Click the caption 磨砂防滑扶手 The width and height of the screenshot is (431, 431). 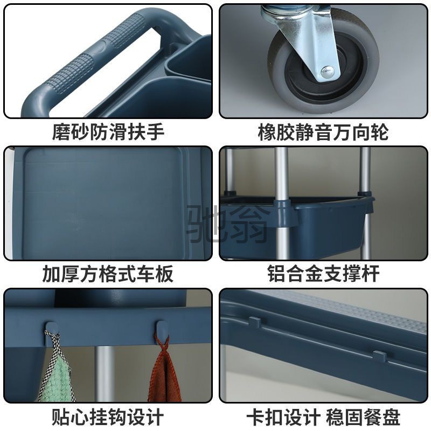(x=108, y=132)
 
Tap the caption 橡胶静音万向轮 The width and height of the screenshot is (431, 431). (x=323, y=132)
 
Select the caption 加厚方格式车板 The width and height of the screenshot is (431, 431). (x=108, y=274)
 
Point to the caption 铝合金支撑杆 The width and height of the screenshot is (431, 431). (x=323, y=274)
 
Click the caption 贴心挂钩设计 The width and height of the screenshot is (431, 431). (x=108, y=416)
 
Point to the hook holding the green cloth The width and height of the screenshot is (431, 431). (x=52, y=329)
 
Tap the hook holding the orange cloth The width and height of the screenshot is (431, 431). (x=161, y=329)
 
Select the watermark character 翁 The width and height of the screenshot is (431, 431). (x=248, y=221)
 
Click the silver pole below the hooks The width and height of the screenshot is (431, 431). (x=106, y=372)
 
